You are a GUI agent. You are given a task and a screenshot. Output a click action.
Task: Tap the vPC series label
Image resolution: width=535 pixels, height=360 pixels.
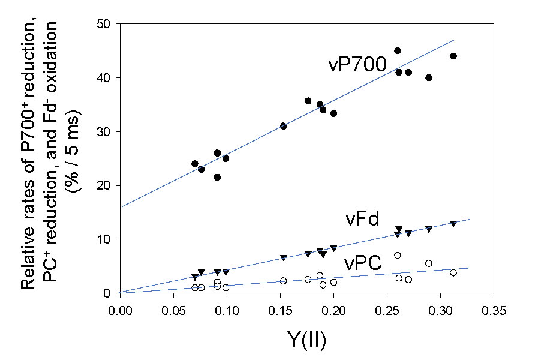363,263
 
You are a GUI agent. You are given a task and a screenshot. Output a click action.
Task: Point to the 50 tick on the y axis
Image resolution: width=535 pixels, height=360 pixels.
108,24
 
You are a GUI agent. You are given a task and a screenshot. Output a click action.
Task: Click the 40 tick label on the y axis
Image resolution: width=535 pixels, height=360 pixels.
108,78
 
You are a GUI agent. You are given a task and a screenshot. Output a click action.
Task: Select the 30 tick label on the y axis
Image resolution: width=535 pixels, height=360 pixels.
108,132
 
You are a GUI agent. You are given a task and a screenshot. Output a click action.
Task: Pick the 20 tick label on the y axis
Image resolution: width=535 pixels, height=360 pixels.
108,185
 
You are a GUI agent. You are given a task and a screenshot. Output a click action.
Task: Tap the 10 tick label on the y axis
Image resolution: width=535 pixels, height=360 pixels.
108,239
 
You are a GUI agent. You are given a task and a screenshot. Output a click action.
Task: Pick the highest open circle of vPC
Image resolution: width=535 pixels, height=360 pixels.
397,255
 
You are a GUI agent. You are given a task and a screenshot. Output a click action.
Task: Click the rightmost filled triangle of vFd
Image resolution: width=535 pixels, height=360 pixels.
453,224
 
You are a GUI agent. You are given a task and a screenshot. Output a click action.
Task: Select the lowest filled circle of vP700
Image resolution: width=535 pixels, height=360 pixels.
217,177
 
